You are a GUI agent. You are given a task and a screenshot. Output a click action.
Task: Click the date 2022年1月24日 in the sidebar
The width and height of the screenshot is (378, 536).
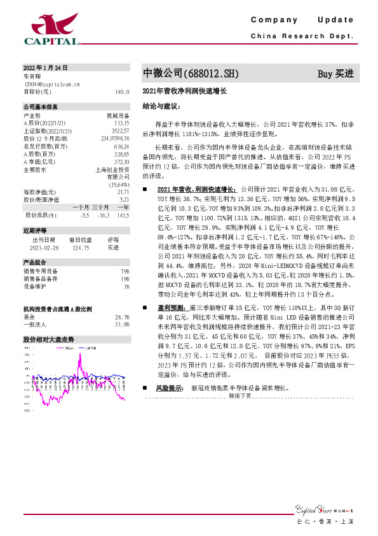45,67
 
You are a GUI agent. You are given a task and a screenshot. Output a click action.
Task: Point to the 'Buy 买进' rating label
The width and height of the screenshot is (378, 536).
335,74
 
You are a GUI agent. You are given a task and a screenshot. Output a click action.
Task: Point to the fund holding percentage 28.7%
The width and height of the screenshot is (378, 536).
122,316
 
